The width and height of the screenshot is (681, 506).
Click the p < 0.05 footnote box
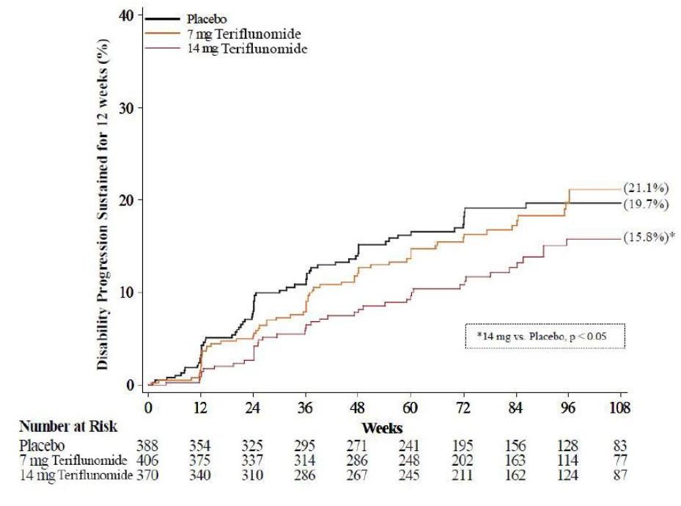pos(545,336)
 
